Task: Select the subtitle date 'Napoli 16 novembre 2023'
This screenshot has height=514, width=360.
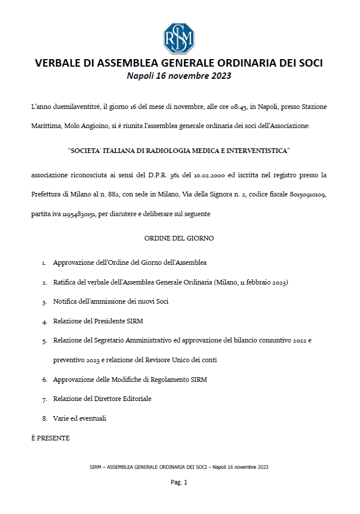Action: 179,76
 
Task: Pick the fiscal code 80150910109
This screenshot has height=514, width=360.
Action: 308,194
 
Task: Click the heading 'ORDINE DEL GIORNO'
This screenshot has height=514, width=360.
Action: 179,238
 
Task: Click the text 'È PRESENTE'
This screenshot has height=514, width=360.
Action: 50,438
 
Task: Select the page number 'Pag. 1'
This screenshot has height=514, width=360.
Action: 179,482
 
